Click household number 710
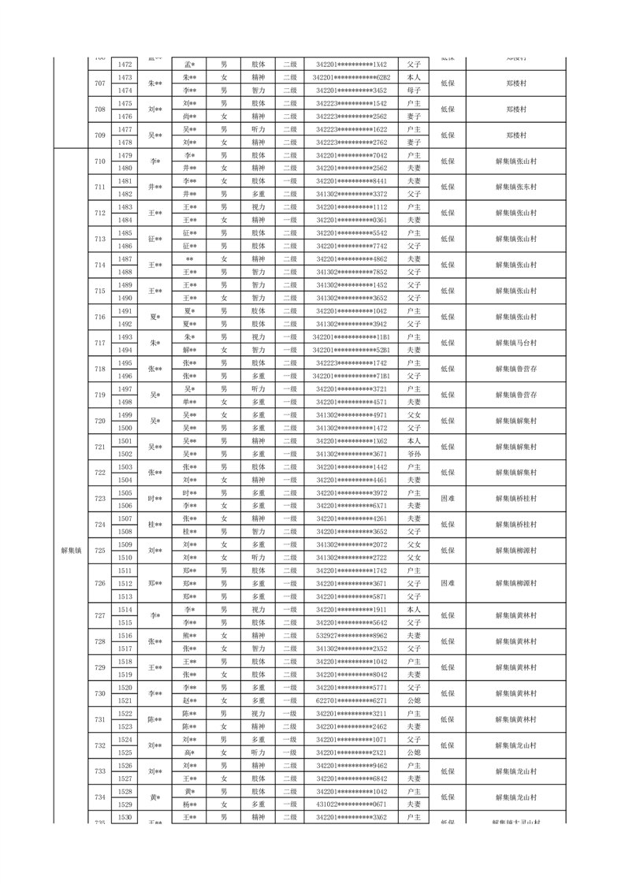pyautogui.click(x=99, y=162)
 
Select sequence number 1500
pyautogui.click(x=125, y=428)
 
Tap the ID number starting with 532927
pyautogui.click(x=351, y=636)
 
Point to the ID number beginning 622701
pyautogui.click(x=351, y=700)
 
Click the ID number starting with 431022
pyautogui.click(x=351, y=804)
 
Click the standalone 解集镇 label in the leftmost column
pyautogui.click(x=71, y=551)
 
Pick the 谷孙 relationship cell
pyautogui.click(x=414, y=454)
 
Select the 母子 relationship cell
pyautogui.click(x=414, y=91)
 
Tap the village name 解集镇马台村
pyautogui.click(x=516, y=343)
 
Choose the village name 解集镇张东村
pyautogui.click(x=516, y=188)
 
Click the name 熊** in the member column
pyautogui.click(x=189, y=636)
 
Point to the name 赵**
pyautogui.click(x=189, y=700)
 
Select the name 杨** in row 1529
pyautogui.click(x=189, y=804)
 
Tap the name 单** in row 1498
pyautogui.click(x=189, y=402)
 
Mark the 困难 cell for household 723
pyautogui.click(x=447, y=499)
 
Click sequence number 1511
pyautogui.click(x=125, y=570)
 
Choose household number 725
pyautogui.click(x=99, y=551)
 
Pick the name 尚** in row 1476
pyautogui.click(x=189, y=117)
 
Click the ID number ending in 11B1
pyautogui.click(x=351, y=337)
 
